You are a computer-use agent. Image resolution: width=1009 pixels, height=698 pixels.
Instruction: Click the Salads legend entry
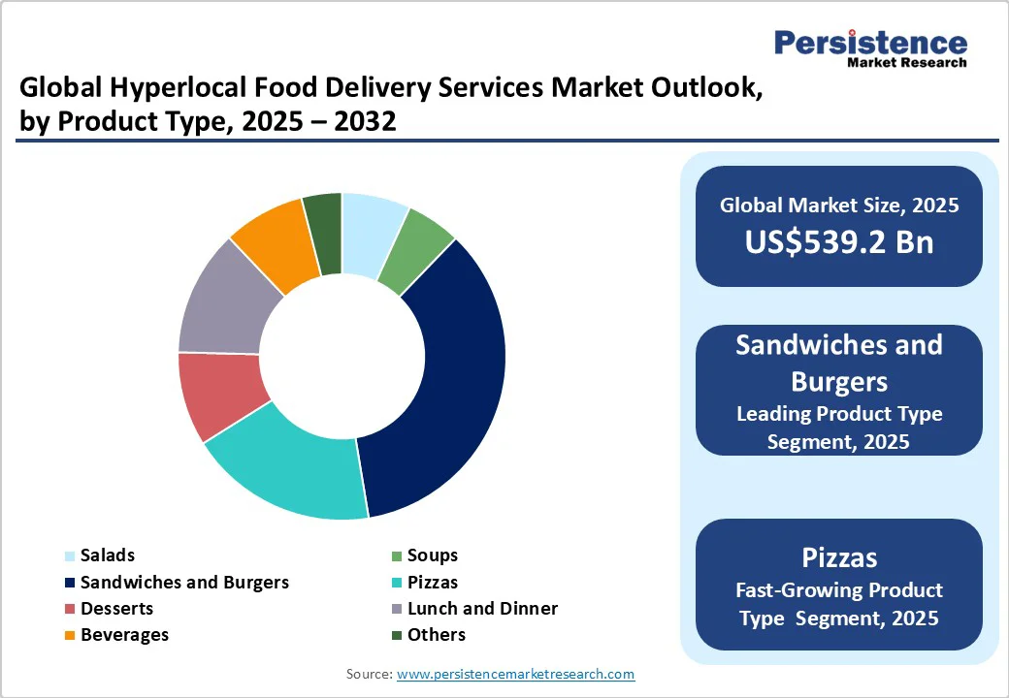[x=107, y=555]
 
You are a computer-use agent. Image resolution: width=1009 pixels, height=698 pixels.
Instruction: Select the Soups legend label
[x=432, y=555]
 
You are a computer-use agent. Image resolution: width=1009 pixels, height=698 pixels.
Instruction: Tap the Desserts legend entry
[x=116, y=609]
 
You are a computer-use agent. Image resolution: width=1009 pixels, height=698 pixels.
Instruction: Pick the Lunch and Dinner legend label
[x=482, y=609]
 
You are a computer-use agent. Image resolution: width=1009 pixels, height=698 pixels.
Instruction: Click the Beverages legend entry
[x=124, y=635]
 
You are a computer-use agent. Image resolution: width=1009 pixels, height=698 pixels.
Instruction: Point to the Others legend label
[x=436, y=635]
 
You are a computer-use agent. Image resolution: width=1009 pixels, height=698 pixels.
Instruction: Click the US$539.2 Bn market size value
[x=839, y=240]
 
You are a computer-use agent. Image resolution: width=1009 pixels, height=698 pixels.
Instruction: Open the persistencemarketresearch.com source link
[x=515, y=674]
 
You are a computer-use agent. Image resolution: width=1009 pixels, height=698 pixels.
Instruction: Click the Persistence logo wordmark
[x=870, y=43]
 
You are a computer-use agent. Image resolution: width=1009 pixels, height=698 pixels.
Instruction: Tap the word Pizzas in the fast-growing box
[x=839, y=557]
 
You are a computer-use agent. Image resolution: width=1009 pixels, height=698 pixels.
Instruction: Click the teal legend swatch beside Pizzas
[x=395, y=584]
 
